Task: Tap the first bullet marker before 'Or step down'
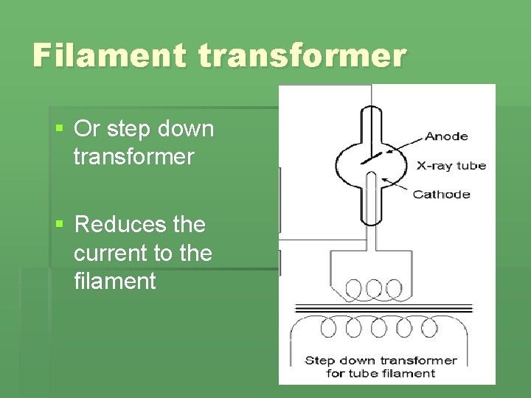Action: [x=60, y=129]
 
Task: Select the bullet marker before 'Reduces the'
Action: [x=60, y=224]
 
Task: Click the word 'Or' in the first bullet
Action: [x=87, y=129]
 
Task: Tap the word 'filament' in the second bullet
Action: [x=114, y=281]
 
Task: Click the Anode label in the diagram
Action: [x=447, y=136]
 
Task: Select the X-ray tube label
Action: [x=451, y=166]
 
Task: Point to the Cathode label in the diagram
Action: [x=441, y=195]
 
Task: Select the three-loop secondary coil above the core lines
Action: [x=374, y=287]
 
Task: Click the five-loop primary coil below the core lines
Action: [x=383, y=327]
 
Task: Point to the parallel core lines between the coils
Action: [x=384, y=308]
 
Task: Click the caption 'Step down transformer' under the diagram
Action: [x=381, y=360]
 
